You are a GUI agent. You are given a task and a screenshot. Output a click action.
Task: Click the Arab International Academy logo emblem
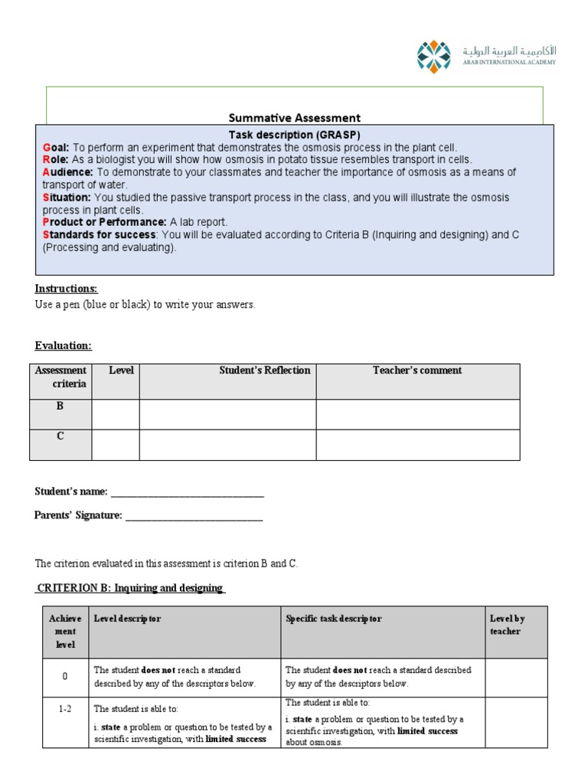coord(434,57)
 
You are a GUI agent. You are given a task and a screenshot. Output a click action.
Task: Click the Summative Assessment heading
coord(294,118)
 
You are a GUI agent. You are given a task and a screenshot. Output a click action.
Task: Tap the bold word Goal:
coord(56,147)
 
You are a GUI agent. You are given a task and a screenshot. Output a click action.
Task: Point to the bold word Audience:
coord(67,172)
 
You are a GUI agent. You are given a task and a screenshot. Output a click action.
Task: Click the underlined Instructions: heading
coord(67,289)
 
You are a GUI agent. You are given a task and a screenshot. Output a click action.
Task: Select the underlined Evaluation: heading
coord(64,346)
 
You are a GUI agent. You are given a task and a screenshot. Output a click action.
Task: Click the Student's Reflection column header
coord(264,371)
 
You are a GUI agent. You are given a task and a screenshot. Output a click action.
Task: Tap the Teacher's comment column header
coord(417,371)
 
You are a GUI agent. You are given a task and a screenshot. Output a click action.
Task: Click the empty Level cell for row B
coord(116,414)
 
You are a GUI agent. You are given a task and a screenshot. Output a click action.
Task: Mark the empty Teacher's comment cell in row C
coord(417,445)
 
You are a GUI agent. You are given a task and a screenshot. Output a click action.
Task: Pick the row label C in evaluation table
coord(60,436)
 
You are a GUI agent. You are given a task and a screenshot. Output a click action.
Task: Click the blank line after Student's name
coord(187,492)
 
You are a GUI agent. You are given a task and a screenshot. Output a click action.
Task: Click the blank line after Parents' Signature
coord(194,516)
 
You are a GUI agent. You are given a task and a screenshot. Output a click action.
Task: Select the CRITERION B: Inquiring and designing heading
coord(129,588)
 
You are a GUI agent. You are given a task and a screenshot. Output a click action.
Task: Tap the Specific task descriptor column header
coord(333,619)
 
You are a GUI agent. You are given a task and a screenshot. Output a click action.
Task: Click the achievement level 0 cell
coord(65,677)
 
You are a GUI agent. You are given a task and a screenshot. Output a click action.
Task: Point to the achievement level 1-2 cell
coord(65,710)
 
